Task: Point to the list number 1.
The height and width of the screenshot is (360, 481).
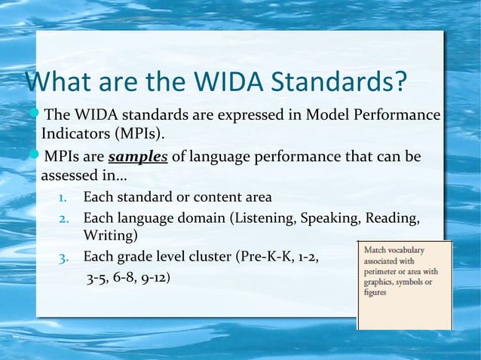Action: [64, 198]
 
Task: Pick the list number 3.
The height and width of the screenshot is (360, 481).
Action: [64, 257]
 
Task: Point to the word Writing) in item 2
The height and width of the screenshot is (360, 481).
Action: [110, 236]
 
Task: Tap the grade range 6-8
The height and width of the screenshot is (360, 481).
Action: [121, 277]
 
